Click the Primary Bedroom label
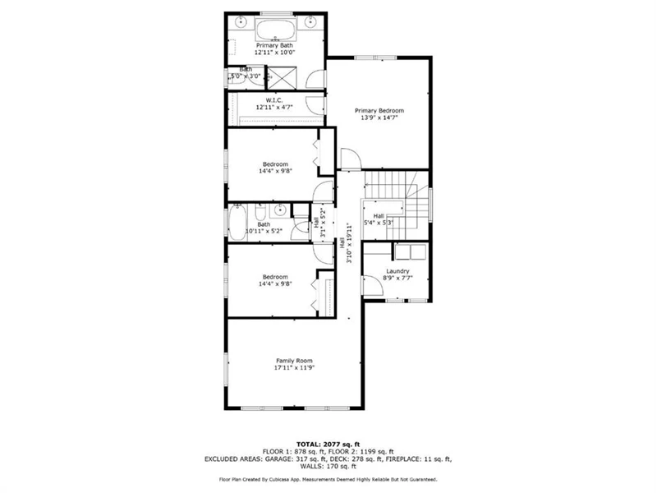click(x=379, y=111)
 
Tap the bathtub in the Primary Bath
click(x=276, y=30)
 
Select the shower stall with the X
click(x=282, y=77)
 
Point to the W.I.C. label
click(x=274, y=100)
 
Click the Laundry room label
click(x=397, y=271)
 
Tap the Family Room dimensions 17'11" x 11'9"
click(x=294, y=367)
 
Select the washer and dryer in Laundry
click(x=410, y=252)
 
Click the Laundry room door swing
click(x=373, y=285)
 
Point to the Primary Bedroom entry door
click(x=351, y=159)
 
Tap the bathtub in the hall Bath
click(x=237, y=222)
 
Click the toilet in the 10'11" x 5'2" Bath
click(x=260, y=212)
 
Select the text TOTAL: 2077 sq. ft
click(x=328, y=445)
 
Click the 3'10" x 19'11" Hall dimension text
click(x=348, y=243)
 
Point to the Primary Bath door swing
click(x=315, y=79)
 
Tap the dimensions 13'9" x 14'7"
click(x=379, y=117)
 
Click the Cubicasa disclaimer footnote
click(x=328, y=479)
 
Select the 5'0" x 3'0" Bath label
click(x=246, y=72)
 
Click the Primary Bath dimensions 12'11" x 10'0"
click(x=275, y=53)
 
